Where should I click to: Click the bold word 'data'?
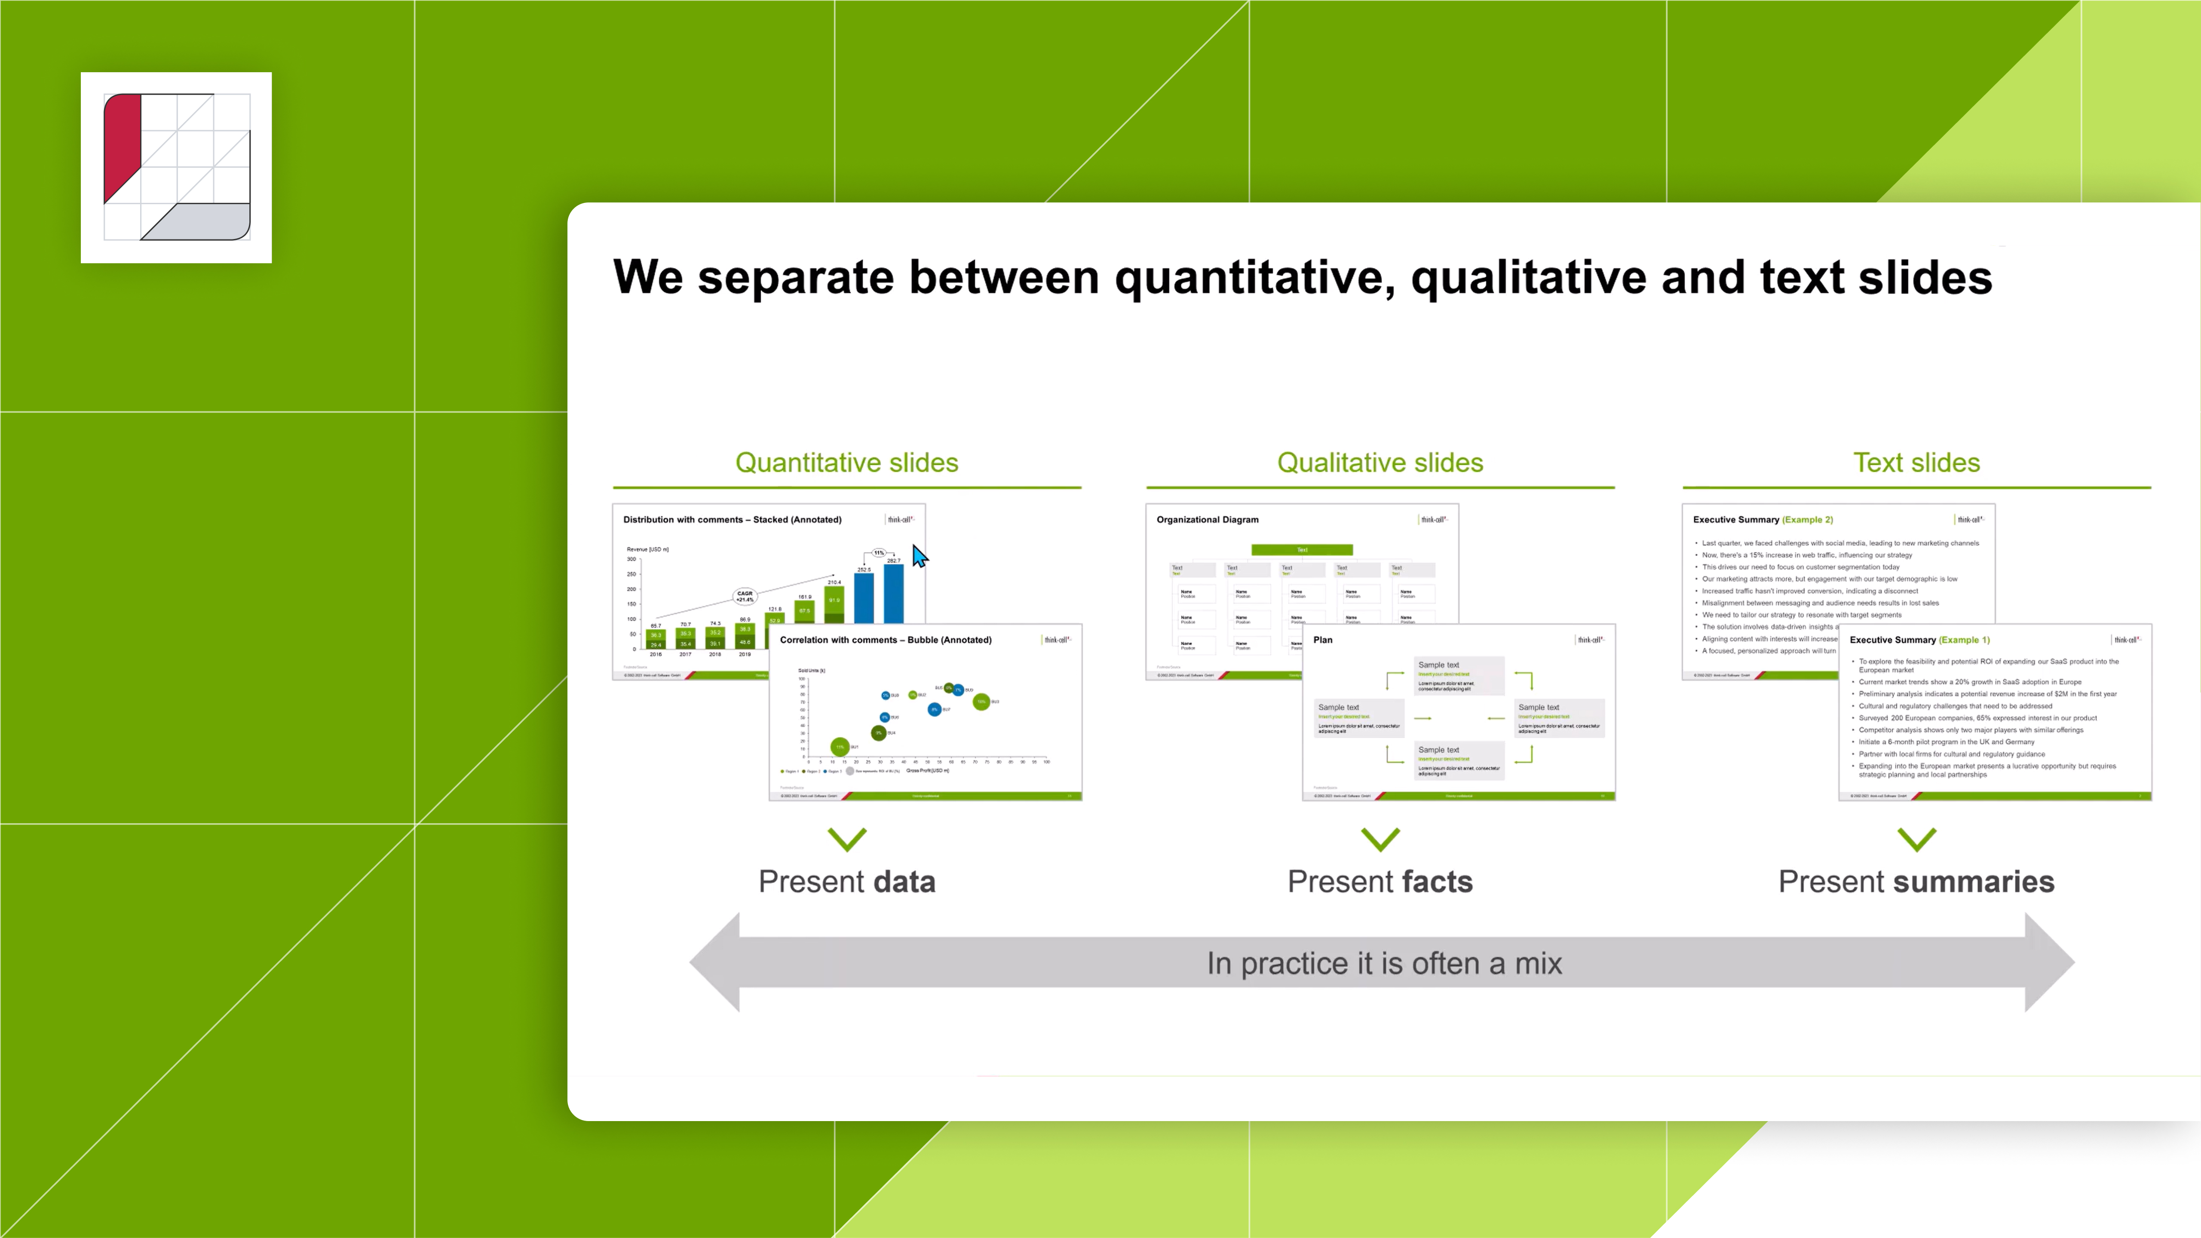point(897,882)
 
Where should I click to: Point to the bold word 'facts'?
point(1436,882)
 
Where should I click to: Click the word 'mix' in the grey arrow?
point(1538,964)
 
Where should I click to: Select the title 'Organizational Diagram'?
point(1206,519)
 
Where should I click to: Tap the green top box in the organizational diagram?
point(1301,549)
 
